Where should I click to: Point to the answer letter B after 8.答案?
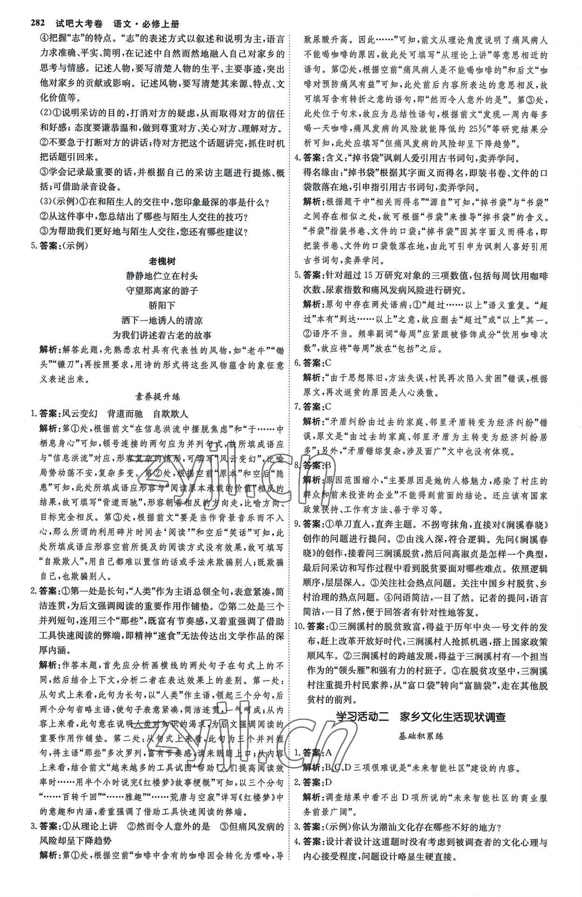330,465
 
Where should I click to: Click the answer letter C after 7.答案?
330,406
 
